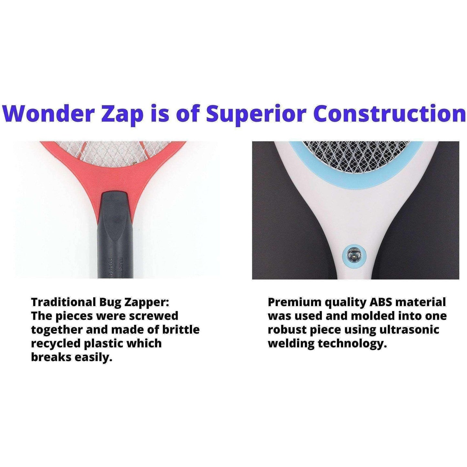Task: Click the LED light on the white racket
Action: (x=354, y=255)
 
